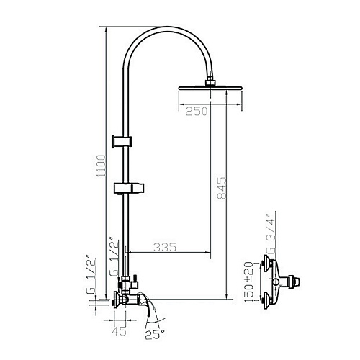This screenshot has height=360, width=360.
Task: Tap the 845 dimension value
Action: pyautogui.click(x=222, y=189)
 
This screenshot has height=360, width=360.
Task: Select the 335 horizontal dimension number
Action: pyautogui.click(x=165, y=247)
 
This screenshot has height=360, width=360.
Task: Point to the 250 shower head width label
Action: pyautogui.click(x=197, y=112)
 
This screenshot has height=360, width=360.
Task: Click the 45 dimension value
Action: pyautogui.click(x=119, y=331)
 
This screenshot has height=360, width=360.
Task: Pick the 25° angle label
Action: pyautogui.click(x=155, y=334)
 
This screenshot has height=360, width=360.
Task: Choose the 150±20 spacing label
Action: pyautogui.click(x=248, y=282)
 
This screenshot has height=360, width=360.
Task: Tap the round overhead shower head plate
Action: pyautogui.click(x=211, y=88)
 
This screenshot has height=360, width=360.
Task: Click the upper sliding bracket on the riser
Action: pyautogui.click(x=122, y=141)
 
